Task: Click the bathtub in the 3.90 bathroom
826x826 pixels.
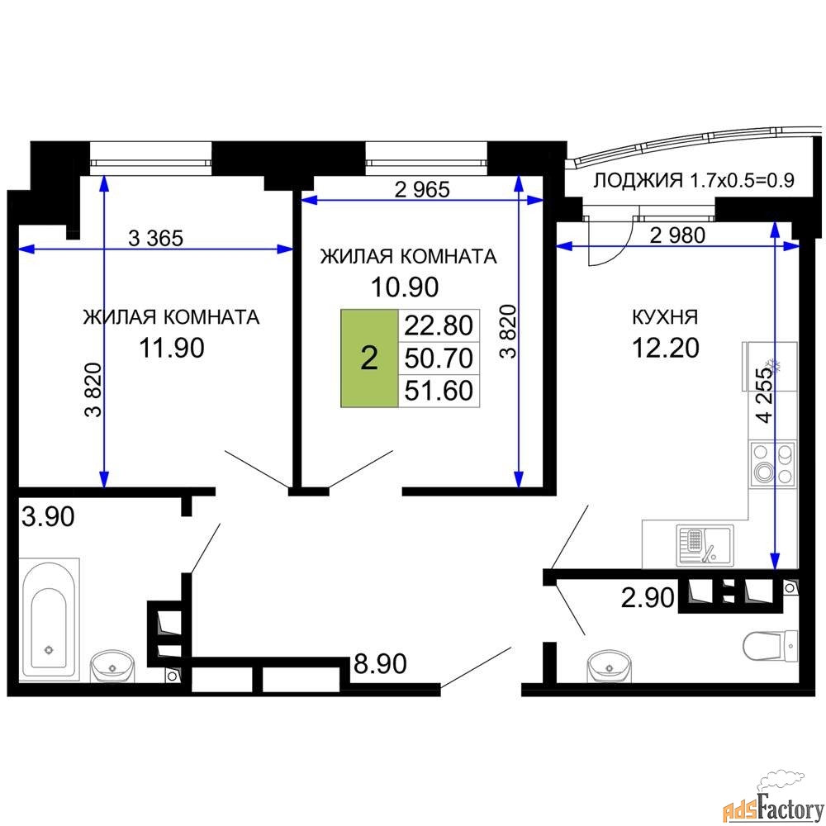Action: coord(50,619)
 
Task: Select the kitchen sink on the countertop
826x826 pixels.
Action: coord(705,545)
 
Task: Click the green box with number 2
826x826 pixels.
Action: coord(369,358)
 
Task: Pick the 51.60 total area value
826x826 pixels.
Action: coord(439,391)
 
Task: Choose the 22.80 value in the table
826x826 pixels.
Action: coord(439,325)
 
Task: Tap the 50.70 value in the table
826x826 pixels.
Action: coord(439,358)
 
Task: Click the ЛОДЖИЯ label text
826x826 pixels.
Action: coord(638,181)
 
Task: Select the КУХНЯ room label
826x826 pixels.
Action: coord(665,317)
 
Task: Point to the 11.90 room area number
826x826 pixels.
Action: coord(172,349)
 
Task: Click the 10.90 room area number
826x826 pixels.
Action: coord(405,287)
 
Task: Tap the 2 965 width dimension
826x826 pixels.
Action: coord(422,190)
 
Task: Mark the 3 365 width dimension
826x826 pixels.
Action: coord(156,239)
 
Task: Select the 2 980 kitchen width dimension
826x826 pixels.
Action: coord(677,235)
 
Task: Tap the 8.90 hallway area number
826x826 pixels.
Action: coord(380,664)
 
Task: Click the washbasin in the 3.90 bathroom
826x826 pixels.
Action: coord(112,666)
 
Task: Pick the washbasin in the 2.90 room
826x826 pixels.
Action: coord(609,667)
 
